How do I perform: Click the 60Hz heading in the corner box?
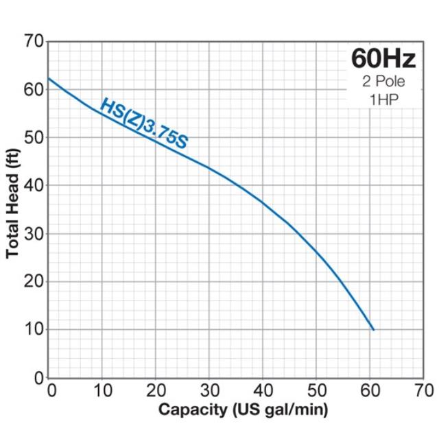(383, 58)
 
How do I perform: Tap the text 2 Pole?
(383, 82)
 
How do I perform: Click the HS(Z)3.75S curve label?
(144, 123)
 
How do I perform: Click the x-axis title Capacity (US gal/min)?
(244, 410)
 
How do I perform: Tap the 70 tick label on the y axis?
(34, 42)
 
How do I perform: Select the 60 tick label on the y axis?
(34, 90)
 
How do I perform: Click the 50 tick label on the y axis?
(34, 138)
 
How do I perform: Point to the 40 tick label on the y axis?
(34, 186)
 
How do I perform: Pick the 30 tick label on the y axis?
(34, 234)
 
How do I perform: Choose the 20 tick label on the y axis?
(34, 282)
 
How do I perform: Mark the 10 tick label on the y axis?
(34, 330)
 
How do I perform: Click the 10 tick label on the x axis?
(103, 390)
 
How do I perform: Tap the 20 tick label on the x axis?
(156, 390)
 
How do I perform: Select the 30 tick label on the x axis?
(210, 390)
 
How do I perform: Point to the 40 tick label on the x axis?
(263, 390)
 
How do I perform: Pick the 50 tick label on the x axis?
(317, 390)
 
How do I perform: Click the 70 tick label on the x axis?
(424, 390)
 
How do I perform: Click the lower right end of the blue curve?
(373, 330)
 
